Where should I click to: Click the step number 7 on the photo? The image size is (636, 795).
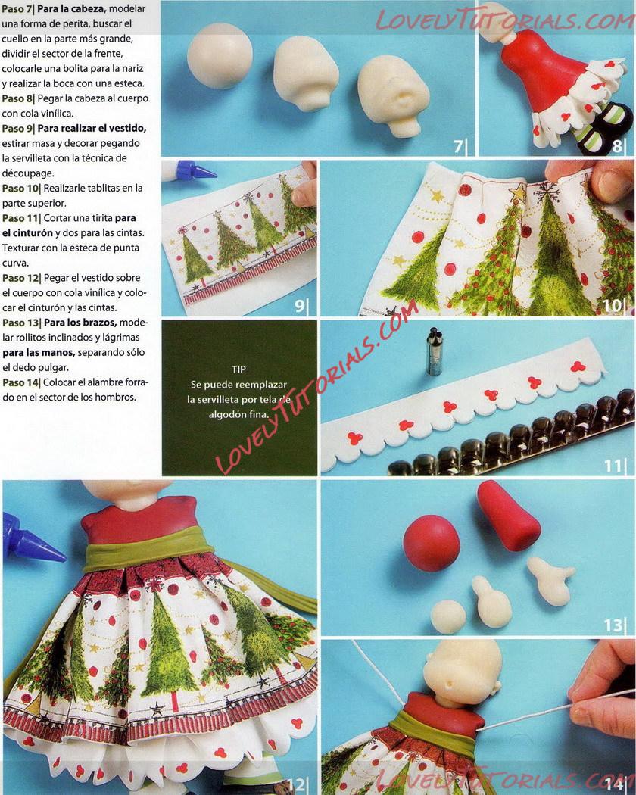[x=458, y=146]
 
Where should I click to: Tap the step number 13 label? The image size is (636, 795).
[x=613, y=625]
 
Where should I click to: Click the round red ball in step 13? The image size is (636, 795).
[x=432, y=543]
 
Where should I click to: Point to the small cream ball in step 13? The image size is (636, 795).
[x=448, y=616]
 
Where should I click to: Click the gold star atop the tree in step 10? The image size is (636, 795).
[x=517, y=192]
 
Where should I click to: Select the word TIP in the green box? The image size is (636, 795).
[x=239, y=369]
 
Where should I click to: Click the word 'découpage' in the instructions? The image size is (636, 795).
[x=27, y=173]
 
